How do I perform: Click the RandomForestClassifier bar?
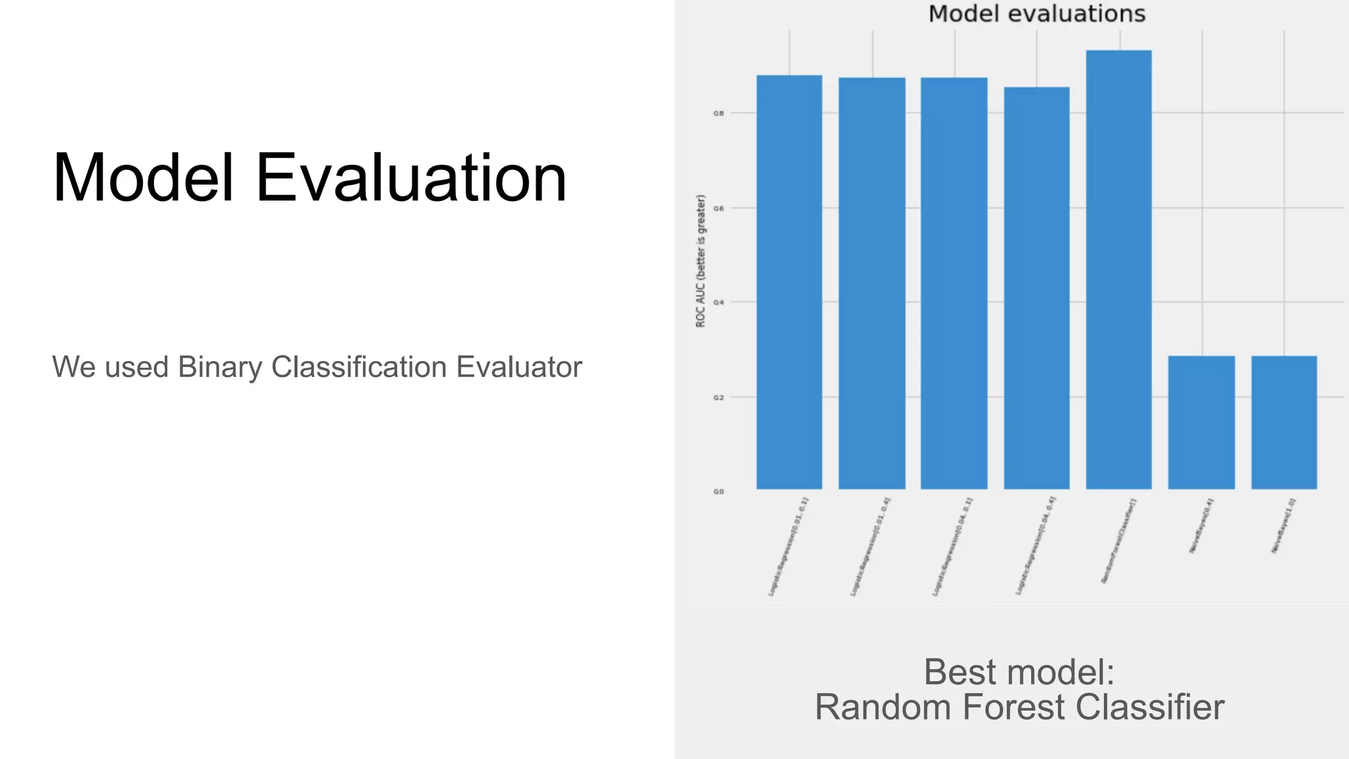[1118, 270]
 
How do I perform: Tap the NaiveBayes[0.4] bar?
[1201, 422]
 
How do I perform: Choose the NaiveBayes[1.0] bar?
[1284, 422]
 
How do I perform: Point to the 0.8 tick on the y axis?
[719, 113]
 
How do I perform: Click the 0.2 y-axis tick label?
[719, 398]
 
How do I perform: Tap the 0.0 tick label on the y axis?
[719, 492]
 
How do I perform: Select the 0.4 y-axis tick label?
[719, 303]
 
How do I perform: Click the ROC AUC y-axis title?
[701, 261]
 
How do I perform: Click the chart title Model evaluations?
[1037, 14]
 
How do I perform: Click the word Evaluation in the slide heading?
[410, 178]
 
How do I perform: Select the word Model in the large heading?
[143, 178]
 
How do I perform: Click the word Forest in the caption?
[1015, 707]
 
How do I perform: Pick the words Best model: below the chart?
[1019, 672]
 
